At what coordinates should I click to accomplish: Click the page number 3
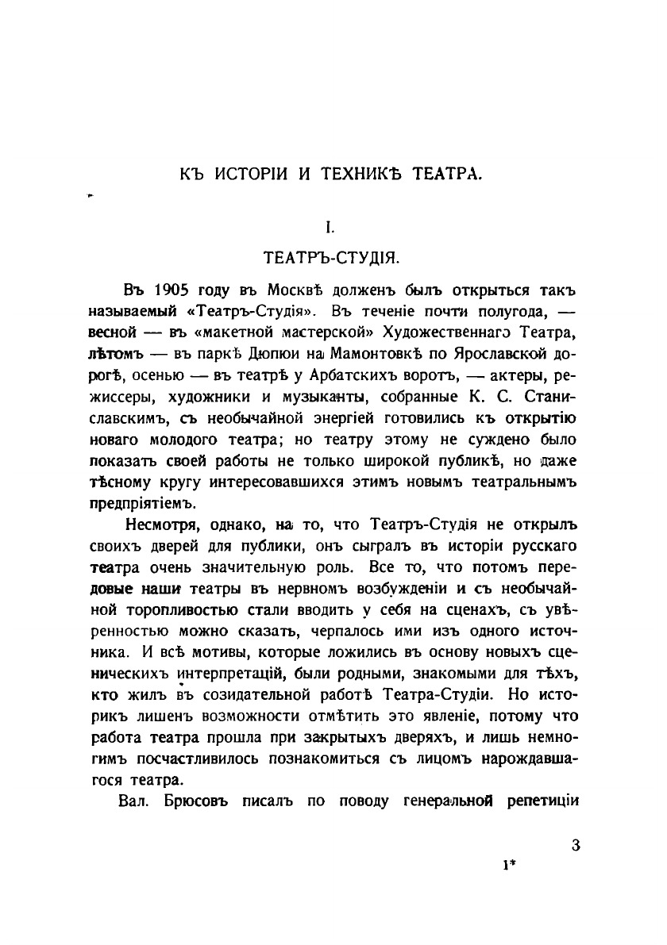(x=576, y=845)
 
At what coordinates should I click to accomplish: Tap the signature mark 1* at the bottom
(x=509, y=866)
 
